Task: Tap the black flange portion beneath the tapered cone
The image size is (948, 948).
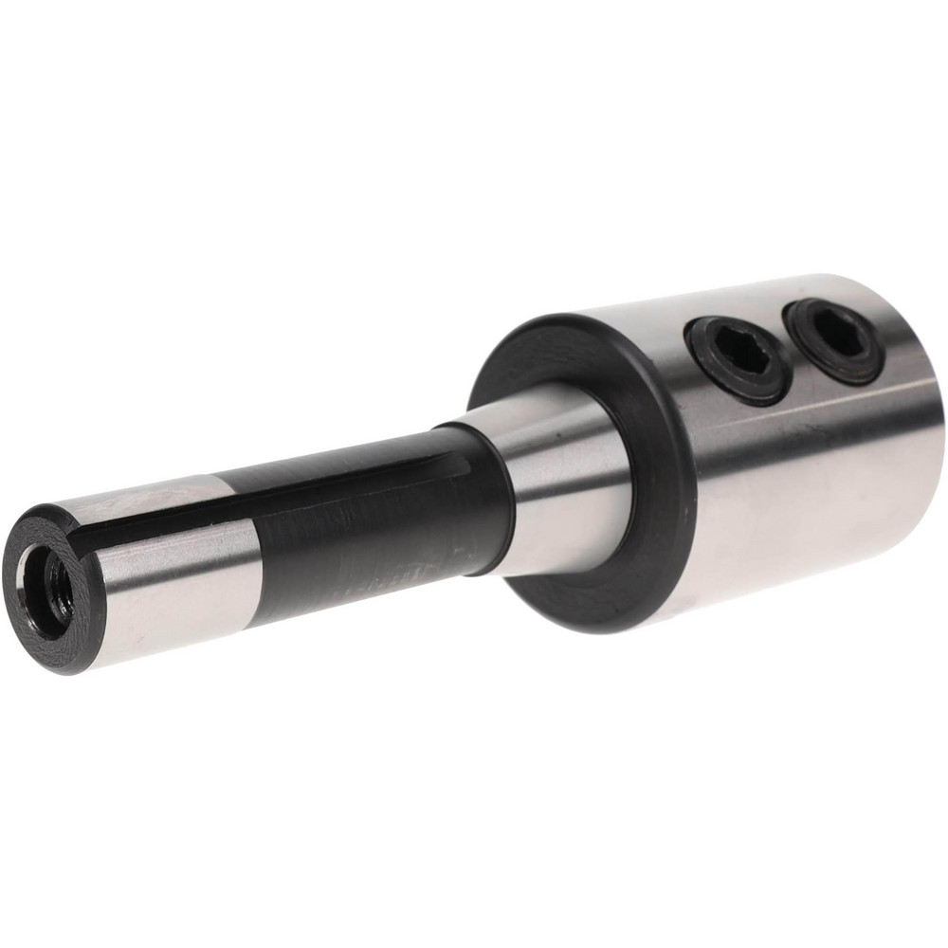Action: (x=588, y=597)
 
